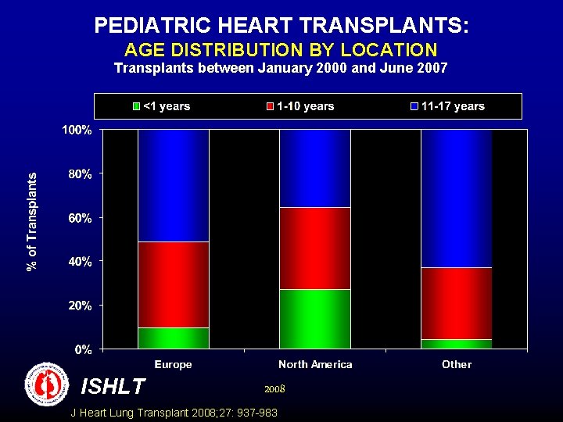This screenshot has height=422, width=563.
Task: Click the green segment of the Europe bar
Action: click(173, 338)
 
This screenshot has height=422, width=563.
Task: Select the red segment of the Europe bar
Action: click(173, 284)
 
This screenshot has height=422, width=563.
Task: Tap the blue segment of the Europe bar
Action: click(173, 185)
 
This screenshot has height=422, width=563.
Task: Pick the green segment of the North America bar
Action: click(315, 319)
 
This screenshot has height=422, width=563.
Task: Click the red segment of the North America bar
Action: click(315, 249)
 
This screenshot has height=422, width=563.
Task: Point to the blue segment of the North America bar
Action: click(315, 168)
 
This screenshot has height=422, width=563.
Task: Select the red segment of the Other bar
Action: click(457, 303)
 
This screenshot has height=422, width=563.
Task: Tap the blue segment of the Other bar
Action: click(457, 198)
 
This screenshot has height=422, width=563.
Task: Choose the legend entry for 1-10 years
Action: click(301, 106)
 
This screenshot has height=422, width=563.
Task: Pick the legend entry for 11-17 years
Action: click(447, 106)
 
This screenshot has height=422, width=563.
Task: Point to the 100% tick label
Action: click(77, 130)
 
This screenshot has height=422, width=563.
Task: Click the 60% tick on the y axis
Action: click(79, 217)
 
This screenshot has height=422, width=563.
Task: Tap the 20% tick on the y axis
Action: click(79, 305)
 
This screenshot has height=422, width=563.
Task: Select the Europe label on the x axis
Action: click(173, 364)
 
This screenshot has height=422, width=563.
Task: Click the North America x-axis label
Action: click(315, 364)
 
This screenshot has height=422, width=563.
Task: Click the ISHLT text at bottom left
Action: click(113, 386)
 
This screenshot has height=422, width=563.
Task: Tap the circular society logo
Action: click(47, 384)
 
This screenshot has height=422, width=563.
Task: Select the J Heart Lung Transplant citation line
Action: click(174, 413)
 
